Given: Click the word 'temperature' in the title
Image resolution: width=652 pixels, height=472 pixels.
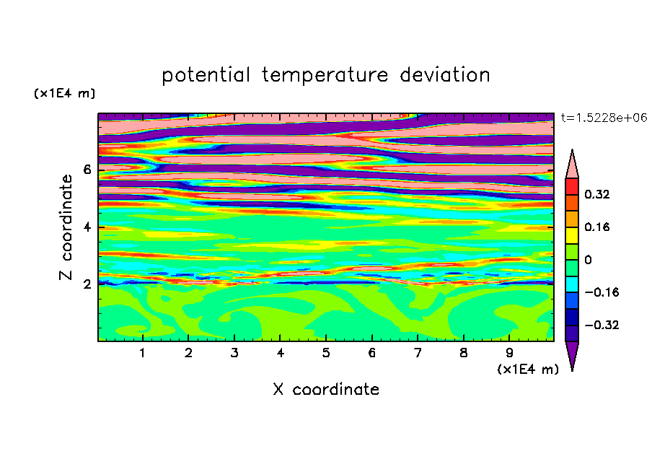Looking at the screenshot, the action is pyautogui.click(x=325, y=76).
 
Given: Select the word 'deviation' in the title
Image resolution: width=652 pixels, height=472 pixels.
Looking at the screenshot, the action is pyautogui.click(x=445, y=75).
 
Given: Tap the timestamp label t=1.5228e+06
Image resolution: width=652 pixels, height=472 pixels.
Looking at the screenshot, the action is pyautogui.click(x=604, y=118).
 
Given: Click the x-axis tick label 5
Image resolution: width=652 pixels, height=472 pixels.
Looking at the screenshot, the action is pyautogui.click(x=326, y=353).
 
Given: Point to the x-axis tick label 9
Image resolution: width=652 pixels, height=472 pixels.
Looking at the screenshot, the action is pyautogui.click(x=509, y=353).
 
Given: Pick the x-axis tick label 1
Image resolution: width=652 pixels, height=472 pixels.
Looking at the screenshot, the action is pyautogui.click(x=143, y=353).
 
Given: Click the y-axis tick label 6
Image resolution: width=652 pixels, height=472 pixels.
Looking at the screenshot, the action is pyautogui.click(x=87, y=170).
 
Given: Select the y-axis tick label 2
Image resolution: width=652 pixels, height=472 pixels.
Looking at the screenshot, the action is pyautogui.click(x=87, y=284).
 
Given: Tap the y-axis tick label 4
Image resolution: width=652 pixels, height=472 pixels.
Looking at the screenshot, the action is pyautogui.click(x=87, y=227).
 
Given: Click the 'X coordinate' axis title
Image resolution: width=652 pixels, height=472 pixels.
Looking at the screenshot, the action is pyautogui.click(x=326, y=389).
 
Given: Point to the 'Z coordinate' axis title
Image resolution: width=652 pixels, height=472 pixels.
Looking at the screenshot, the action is pyautogui.click(x=66, y=227).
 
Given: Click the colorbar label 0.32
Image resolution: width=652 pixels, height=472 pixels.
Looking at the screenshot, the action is pyautogui.click(x=596, y=194).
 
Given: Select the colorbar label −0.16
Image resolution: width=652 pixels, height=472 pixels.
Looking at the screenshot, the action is pyautogui.click(x=602, y=292).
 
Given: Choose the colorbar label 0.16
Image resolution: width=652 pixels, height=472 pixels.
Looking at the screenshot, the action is pyautogui.click(x=596, y=227).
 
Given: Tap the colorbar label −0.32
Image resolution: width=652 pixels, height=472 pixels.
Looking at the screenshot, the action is pyautogui.click(x=602, y=325).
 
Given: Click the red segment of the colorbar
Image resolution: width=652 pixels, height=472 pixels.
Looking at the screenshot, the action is pyautogui.click(x=572, y=186).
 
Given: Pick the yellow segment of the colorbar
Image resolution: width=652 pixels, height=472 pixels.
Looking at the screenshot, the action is pyautogui.click(x=572, y=235).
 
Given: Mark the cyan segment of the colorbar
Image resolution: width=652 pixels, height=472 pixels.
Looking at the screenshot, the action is pyautogui.click(x=572, y=284).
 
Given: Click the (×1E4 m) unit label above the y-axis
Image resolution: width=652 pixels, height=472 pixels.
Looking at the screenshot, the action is pyautogui.click(x=64, y=93).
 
